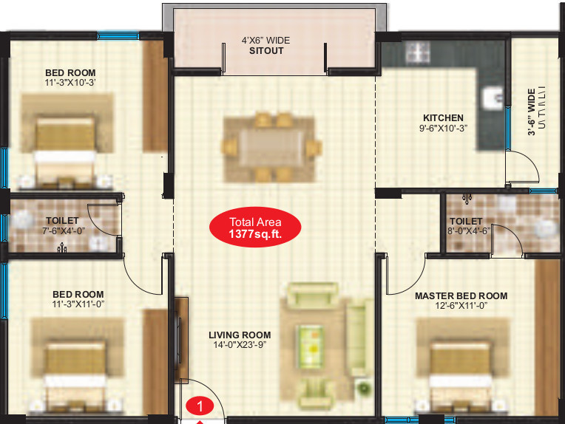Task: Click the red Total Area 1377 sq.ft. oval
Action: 255,227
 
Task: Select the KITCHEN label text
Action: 443,117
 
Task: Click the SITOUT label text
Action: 266,52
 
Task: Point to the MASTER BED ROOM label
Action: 461,295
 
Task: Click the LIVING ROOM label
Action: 240,335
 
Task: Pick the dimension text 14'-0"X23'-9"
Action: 240,345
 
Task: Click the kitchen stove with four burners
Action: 416,53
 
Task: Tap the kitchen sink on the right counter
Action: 491,97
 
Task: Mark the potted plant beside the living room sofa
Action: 363,388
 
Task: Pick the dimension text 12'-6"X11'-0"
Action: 461,306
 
